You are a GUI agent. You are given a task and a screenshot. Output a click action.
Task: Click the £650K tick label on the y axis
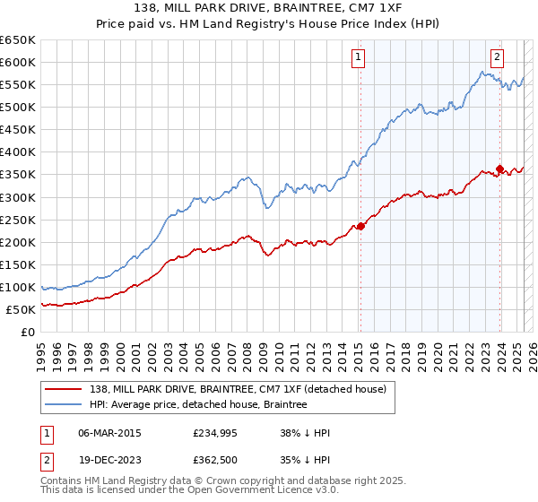click(18, 40)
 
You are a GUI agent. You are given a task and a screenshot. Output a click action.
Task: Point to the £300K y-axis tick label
click(18, 197)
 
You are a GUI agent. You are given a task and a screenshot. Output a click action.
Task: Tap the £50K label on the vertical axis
click(22, 309)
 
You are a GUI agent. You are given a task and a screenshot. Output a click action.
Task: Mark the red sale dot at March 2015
click(360, 226)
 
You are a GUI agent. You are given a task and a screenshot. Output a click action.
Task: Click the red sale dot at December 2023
click(499, 169)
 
